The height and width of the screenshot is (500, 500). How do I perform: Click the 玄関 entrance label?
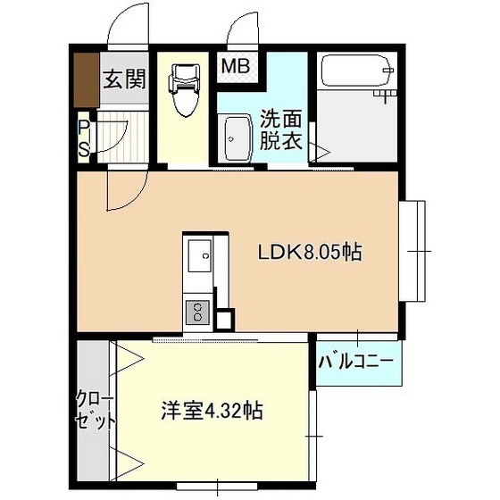pyautogui.click(x=125, y=79)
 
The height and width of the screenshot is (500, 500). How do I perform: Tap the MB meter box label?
pyautogui.click(x=236, y=67)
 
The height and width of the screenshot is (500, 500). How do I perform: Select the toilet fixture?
pyautogui.click(x=184, y=90)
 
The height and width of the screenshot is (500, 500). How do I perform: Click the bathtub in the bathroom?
pyautogui.click(x=357, y=71)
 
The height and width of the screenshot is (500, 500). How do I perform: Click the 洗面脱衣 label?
pyautogui.click(x=281, y=129)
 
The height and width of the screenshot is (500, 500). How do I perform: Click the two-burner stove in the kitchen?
pyautogui.click(x=197, y=312)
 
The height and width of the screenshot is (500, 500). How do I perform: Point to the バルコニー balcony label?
pyautogui.click(x=356, y=362)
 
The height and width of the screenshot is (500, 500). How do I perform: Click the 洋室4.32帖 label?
pyautogui.click(x=212, y=411)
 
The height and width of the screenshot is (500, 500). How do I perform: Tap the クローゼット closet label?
pyautogui.click(x=95, y=411)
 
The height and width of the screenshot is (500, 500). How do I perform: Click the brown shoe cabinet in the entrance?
pyautogui.click(x=87, y=80)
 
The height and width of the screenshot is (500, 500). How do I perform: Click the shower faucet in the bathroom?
pyautogui.click(x=385, y=95)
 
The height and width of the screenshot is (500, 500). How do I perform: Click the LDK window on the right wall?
pyautogui.click(x=412, y=251)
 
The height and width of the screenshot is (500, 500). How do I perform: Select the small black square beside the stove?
pyautogui.click(x=225, y=320)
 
